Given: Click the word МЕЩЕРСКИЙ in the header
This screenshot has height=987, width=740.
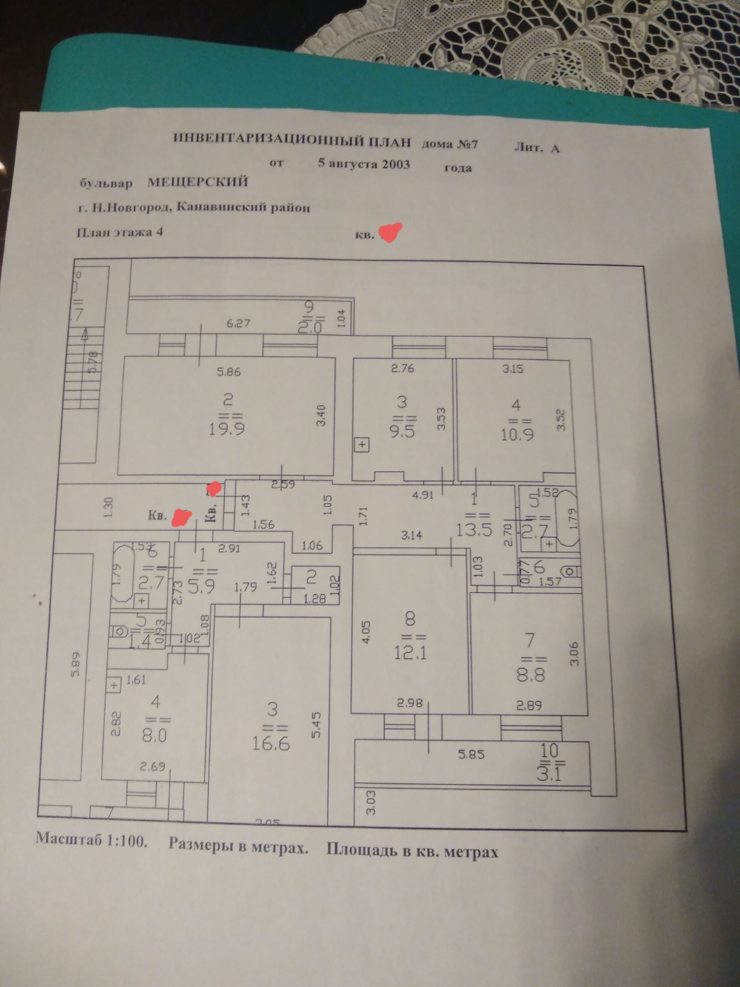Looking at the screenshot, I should [197, 181].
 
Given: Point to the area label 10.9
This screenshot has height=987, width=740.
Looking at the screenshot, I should [516, 434].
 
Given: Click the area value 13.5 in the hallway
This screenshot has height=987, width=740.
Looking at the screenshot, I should [474, 529].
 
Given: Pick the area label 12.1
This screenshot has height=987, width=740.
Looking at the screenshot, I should [410, 652].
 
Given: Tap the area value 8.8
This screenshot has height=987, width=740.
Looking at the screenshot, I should [530, 675].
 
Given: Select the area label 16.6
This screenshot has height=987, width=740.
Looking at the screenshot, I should [271, 743].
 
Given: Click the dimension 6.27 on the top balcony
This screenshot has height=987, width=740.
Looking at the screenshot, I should [239, 323].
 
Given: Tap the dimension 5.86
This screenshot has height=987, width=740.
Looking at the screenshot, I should [228, 372].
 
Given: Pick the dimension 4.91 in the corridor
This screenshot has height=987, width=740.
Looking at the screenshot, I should [423, 495].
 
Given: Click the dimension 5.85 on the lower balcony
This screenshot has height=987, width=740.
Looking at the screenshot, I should [471, 754].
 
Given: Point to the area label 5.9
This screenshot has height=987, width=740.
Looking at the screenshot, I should [201, 584].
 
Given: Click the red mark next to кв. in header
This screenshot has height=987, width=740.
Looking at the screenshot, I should [391, 233].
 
